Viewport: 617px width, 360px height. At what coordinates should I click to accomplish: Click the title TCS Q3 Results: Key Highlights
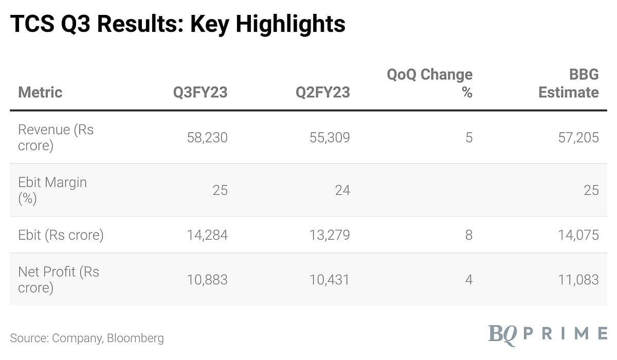point(177,24)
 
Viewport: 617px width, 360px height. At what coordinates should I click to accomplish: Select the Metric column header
point(40,93)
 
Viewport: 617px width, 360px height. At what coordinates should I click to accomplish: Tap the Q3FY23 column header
point(200,93)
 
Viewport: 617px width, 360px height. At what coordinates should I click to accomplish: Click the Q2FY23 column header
point(322,93)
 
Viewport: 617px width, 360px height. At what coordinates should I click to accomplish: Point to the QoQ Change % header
point(430,83)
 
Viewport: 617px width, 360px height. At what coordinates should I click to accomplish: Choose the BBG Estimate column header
point(569,83)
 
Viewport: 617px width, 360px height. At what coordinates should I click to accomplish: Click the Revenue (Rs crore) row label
point(56,137)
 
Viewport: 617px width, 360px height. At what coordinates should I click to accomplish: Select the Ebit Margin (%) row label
point(52,190)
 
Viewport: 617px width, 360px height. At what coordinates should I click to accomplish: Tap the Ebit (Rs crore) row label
point(61,235)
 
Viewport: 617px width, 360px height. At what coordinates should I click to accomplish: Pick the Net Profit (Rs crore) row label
point(59,279)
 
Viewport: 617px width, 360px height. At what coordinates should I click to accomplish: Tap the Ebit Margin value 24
point(342,190)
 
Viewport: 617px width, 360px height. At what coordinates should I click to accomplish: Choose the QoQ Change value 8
point(468,235)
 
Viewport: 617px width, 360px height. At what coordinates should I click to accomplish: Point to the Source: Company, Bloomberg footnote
point(87,338)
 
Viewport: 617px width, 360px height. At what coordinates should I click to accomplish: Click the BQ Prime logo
point(547,333)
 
